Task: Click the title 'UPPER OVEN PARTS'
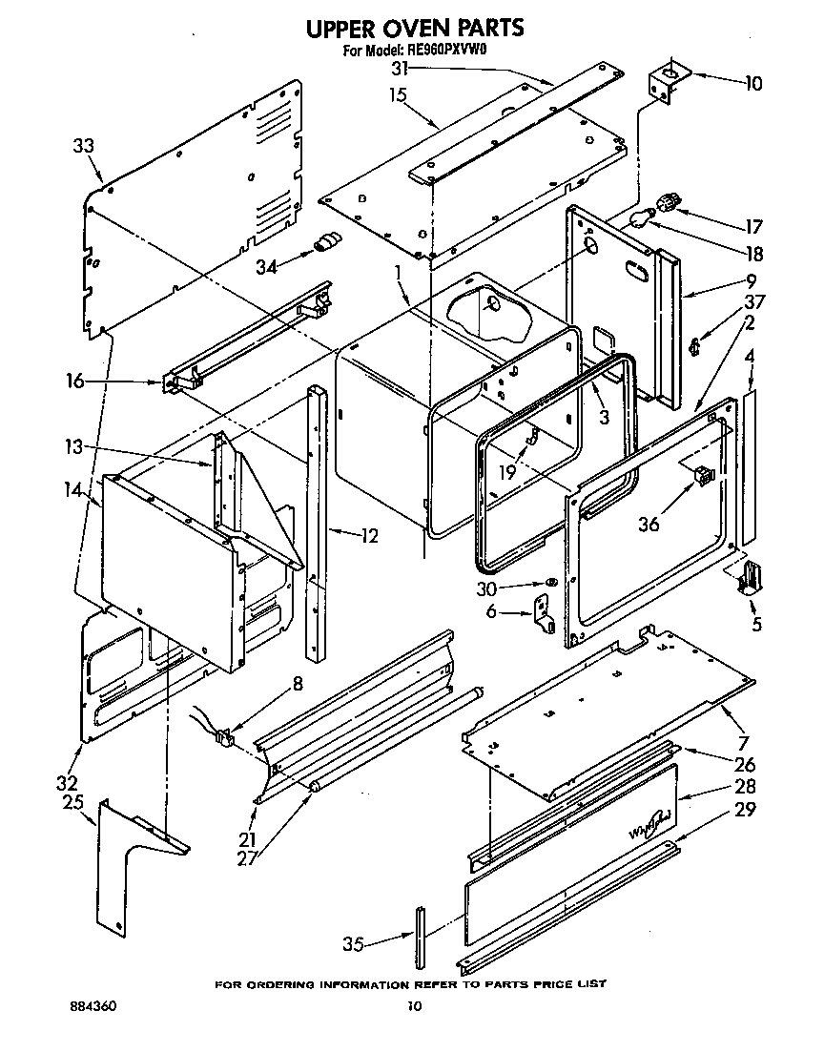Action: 414,28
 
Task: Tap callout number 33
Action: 84,146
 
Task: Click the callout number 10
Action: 752,83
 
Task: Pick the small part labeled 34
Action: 327,242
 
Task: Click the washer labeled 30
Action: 551,584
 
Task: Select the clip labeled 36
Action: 705,474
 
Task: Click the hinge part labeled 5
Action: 752,578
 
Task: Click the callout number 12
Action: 368,536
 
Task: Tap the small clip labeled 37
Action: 695,344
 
